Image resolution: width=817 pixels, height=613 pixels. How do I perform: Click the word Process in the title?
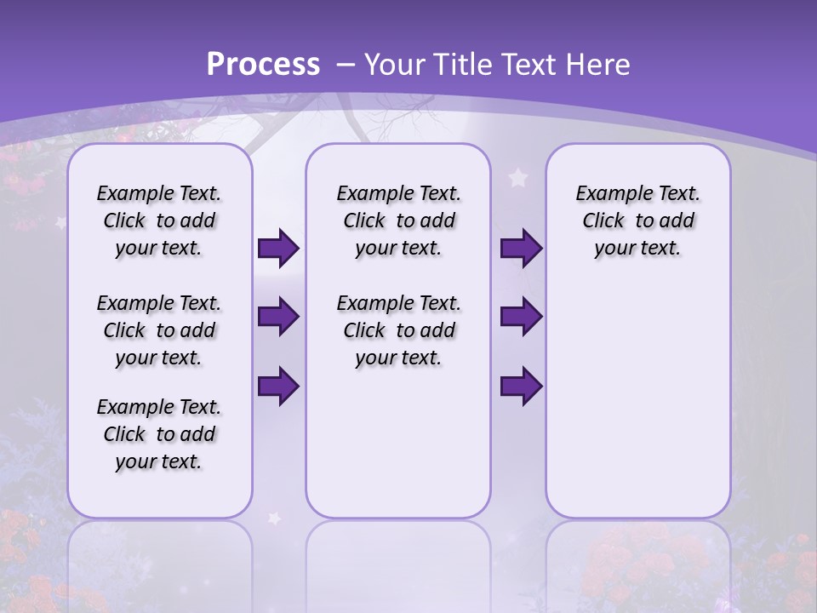click(263, 65)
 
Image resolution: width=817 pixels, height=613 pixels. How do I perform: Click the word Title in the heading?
click(460, 65)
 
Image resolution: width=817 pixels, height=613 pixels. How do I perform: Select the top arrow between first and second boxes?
click(278, 249)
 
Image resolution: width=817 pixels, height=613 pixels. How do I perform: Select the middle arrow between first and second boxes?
click(278, 318)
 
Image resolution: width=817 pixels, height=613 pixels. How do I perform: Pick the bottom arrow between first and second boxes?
click(278, 386)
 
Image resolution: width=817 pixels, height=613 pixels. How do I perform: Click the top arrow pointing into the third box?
click(521, 249)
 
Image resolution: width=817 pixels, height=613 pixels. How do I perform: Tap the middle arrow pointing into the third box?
click(521, 318)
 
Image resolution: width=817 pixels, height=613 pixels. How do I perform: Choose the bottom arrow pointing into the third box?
click(521, 386)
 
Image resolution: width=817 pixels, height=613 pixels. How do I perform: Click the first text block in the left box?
click(159, 221)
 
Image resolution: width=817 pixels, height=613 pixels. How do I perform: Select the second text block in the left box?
click(159, 330)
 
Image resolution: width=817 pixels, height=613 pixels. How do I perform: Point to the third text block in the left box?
click(159, 434)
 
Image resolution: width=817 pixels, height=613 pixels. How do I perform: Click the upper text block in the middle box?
click(398, 221)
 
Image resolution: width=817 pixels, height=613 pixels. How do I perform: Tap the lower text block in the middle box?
click(398, 330)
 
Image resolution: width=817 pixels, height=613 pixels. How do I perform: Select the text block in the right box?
click(637, 221)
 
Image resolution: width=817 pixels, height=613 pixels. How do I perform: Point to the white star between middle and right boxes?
click(517, 178)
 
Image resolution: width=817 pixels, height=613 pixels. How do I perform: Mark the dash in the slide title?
click(346, 65)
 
